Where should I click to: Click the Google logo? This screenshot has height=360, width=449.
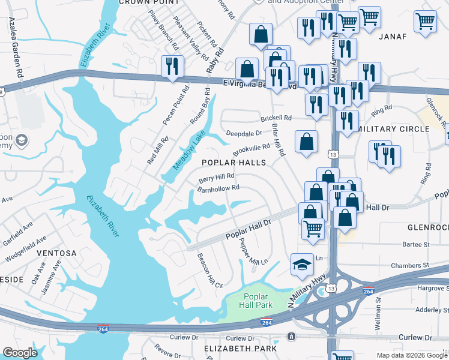20,353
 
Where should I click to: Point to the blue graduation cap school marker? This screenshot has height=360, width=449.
302,265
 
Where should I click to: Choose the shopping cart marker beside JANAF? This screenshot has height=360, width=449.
425,21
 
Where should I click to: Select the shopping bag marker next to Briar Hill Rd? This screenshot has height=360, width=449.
306,143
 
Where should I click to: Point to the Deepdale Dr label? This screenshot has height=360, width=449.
244,133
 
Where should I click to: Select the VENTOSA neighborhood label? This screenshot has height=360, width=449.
56,253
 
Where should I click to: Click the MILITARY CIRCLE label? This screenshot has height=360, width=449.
393,129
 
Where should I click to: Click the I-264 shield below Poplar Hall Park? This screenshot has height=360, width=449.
267,323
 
